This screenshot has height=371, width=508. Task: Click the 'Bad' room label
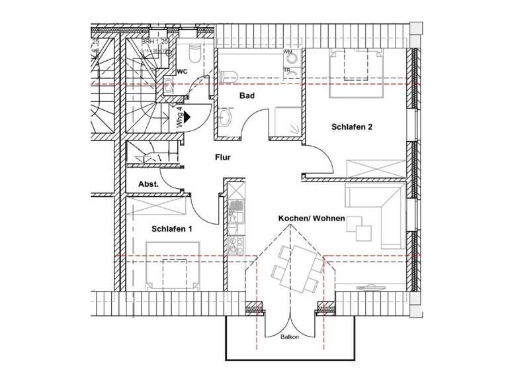click(x=228, y=96)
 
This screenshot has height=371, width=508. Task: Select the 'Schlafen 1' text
click(x=171, y=229)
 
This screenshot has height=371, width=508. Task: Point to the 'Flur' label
click(x=222, y=158)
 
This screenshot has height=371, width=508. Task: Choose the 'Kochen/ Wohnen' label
click(x=311, y=218)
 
